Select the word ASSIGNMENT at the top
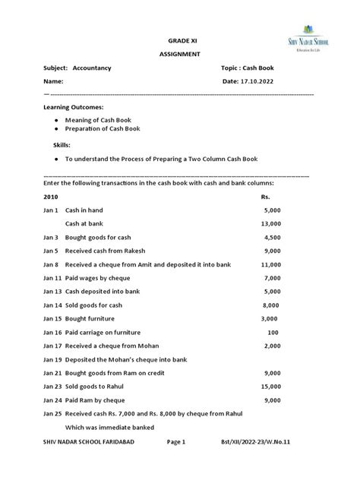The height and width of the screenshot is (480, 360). click(180, 54)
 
